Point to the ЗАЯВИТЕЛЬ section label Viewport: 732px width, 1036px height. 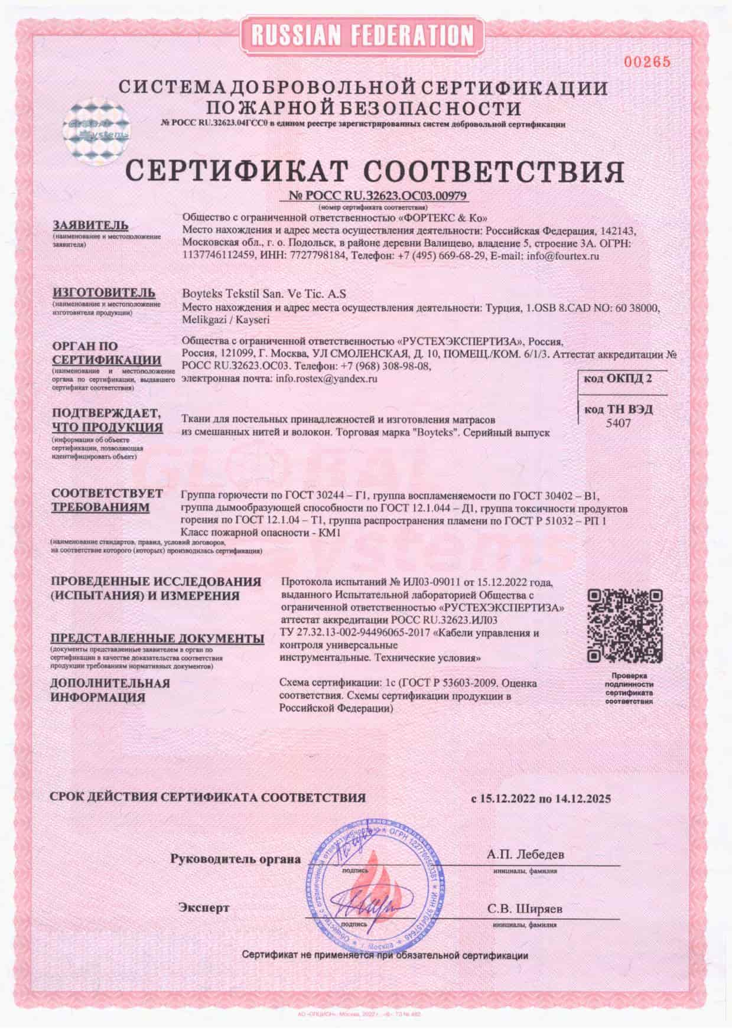tap(90, 226)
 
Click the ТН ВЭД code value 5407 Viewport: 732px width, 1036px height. tap(618, 423)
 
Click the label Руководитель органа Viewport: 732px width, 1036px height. tap(236, 859)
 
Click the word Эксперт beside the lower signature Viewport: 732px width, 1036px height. tap(204, 907)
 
